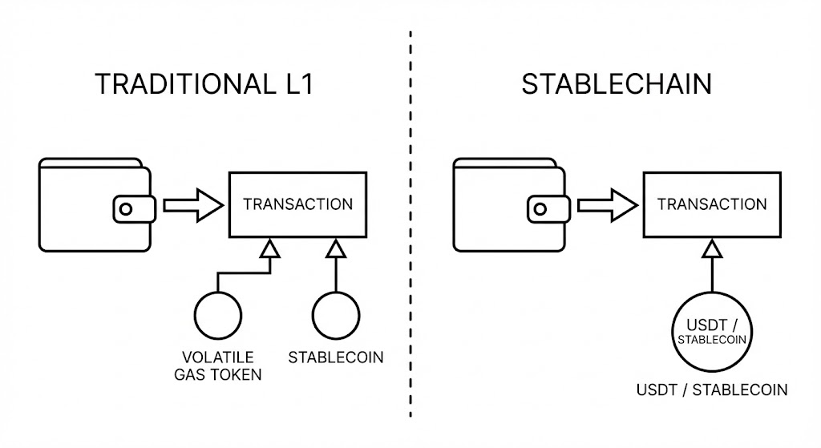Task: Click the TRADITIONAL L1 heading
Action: pyautogui.click(x=203, y=85)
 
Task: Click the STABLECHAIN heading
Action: pyautogui.click(x=617, y=85)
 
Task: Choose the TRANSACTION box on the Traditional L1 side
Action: pyautogui.click(x=297, y=204)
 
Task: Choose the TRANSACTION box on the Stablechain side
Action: pyautogui.click(x=712, y=204)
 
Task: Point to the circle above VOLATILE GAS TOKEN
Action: pyautogui.click(x=217, y=316)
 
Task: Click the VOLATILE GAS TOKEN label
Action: pyautogui.click(x=218, y=365)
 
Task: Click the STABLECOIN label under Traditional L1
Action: pyautogui.click(x=336, y=357)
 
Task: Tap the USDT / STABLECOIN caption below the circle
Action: pyautogui.click(x=712, y=390)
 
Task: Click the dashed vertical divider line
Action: pyautogui.click(x=410, y=224)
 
